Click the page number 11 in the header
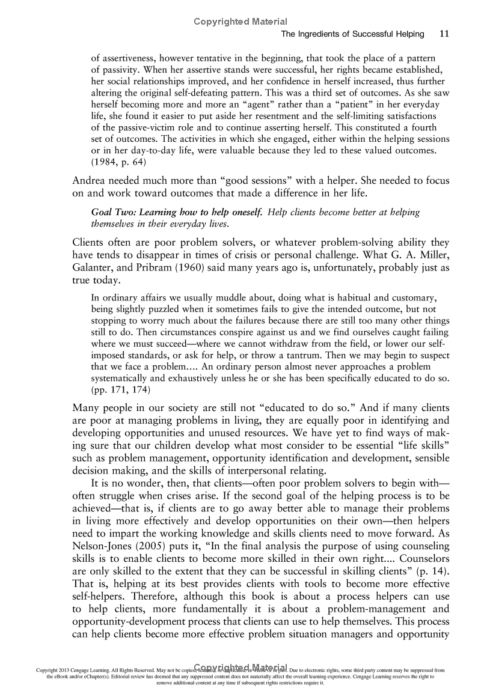[444, 34]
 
